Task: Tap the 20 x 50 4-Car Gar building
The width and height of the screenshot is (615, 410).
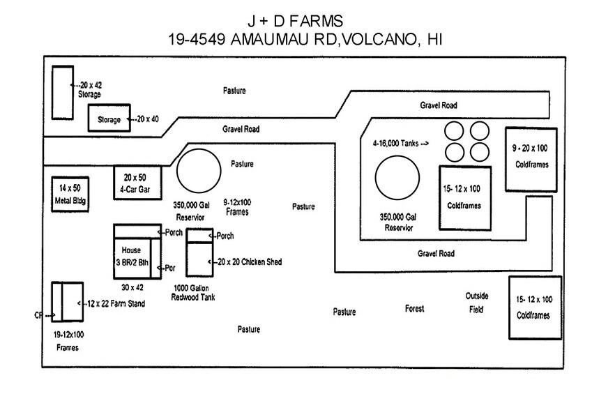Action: click(x=138, y=183)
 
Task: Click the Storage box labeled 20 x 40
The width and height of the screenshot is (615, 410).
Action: click(x=109, y=119)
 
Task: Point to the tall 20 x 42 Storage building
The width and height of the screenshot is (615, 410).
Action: click(x=62, y=92)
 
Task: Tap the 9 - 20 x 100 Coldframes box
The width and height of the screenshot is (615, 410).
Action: click(x=531, y=160)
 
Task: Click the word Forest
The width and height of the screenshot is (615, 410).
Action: click(x=414, y=309)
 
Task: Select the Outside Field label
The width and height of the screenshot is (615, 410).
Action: click(x=477, y=302)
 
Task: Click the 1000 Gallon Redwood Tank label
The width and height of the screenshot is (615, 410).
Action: click(x=193, y=293)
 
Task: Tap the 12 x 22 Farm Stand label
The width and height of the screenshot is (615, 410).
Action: click(x=115, y=303)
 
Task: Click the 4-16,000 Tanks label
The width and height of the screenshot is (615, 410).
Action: click(x=400, y=144)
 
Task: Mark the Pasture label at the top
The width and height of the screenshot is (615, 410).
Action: click(x=234, y=91)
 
